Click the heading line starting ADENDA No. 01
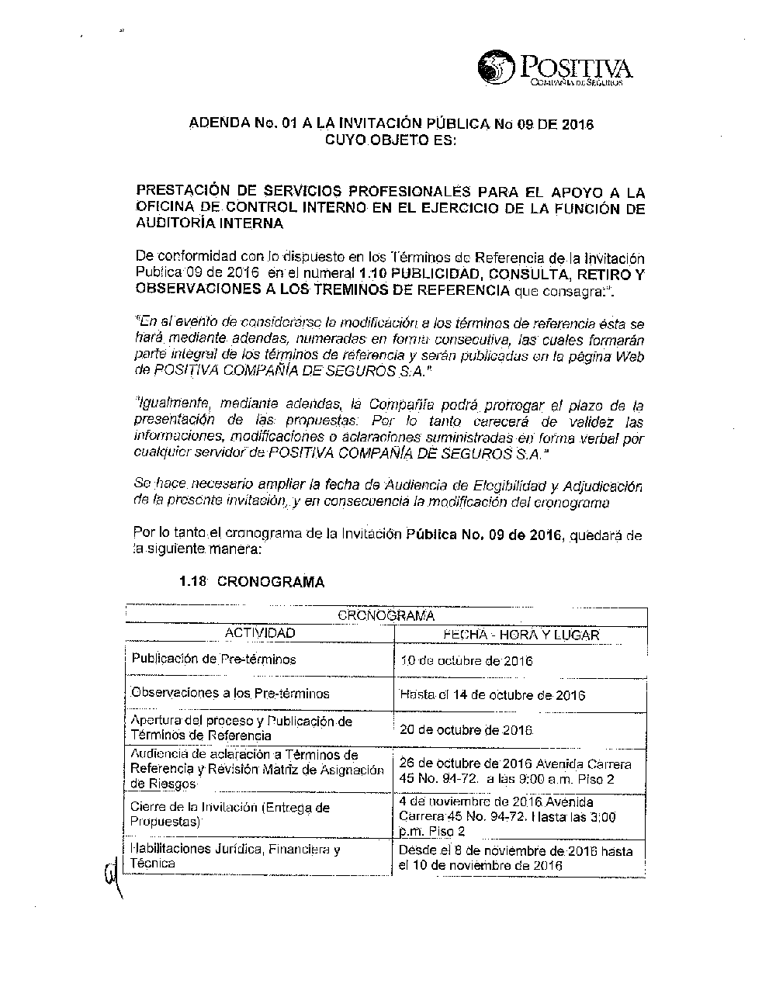pos(392,124)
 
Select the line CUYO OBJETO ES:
pos(391,140)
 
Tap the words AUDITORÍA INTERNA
pos(210,224)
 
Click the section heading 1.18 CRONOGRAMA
pos(251,582)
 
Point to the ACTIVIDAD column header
pos(259,633)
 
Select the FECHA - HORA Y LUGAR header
pos(521,634)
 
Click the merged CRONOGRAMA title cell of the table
pos(386,616)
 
